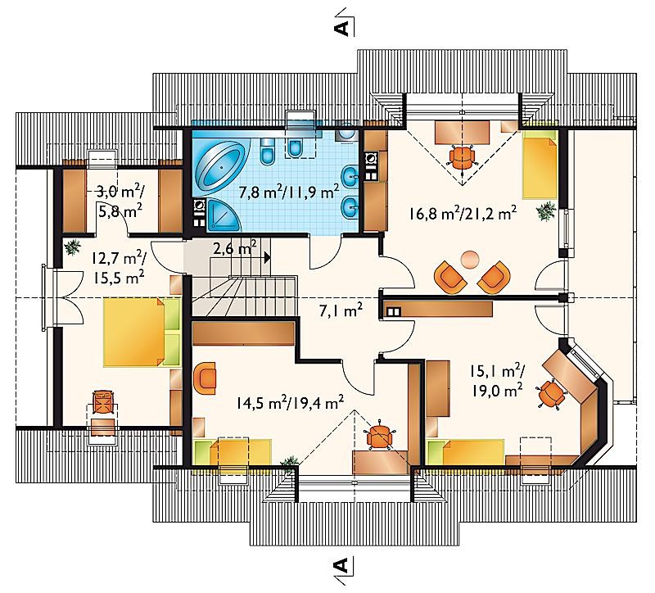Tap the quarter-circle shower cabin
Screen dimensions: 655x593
coord(224,215)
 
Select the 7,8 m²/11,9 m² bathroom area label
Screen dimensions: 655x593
coord(289,192)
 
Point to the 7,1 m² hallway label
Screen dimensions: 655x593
coord(341,311)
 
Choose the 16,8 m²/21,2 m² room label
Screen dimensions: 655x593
coord(463,214)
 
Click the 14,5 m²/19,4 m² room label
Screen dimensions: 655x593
coord(290,403)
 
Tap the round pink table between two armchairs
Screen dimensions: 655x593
coord(471,259)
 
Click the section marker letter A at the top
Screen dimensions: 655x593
coord(341,28)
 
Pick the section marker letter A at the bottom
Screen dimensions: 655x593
coord(341,564)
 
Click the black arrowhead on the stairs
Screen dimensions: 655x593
coord(267,256)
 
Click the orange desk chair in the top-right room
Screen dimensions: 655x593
coord(462,156)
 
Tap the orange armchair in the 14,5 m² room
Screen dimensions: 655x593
coord(206,378)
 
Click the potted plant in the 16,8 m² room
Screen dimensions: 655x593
coord(546,210)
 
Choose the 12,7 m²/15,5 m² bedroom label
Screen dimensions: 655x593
coord(118,269)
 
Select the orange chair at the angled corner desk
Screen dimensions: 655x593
coord(551,393)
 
